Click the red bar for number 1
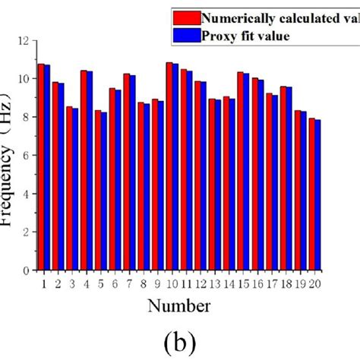click(x=41, y=167)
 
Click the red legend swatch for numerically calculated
click(x=187, y=18)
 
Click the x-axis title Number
click(x=180, y=305)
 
